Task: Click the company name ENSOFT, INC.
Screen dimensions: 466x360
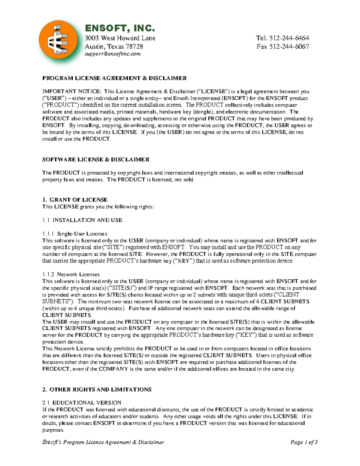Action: (120, 28)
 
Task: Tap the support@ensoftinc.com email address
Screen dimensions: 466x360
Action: (112, 54)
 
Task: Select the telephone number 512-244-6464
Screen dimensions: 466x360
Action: (289, 38)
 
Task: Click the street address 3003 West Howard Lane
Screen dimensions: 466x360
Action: (120, 38)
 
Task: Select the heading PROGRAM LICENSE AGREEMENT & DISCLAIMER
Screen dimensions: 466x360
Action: (114, 78)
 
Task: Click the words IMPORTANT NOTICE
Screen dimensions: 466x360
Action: (71, 92)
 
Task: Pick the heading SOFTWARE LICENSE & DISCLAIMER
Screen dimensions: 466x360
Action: (96, 160)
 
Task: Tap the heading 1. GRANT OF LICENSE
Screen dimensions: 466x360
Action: (75, 200)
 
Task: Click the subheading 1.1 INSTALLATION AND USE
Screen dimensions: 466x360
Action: (82, 220)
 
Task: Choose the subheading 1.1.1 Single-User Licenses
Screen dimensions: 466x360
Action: (75, 234)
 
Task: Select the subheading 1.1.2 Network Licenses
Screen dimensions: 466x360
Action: (71, 274)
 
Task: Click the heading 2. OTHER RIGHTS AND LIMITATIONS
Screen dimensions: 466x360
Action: (97, 389)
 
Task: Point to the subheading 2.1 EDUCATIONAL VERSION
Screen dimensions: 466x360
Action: (82, 403)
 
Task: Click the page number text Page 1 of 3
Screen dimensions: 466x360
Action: (304, 442)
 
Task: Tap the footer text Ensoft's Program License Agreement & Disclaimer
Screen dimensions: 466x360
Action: (103, 442)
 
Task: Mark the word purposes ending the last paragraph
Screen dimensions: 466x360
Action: (53, 430)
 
